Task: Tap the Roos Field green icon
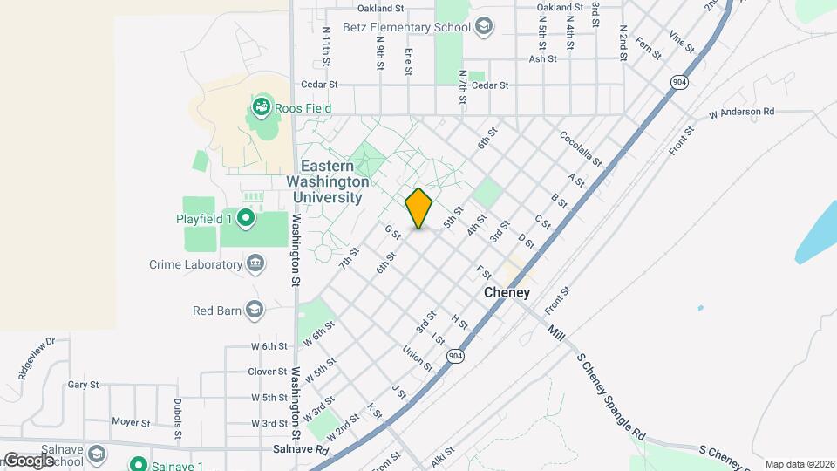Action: [261, 108]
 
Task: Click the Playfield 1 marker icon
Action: [246, 218]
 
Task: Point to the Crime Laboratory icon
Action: [255, 264]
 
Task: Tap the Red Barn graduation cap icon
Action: [255, 310]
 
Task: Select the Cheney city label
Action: [507, 293]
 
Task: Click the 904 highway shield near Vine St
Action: [679, 81]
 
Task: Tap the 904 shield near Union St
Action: [455, 356]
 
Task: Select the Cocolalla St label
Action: [582, 149]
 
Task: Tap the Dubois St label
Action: [178, 419]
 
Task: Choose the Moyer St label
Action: [132, 422]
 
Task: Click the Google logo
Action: [28, 460]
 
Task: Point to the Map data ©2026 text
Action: [800, 464]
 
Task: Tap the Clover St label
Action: [269, 371]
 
